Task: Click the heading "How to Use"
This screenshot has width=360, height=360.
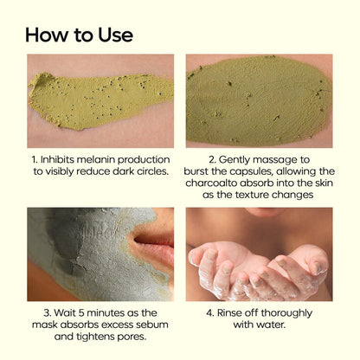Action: click(x=79, y=35)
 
